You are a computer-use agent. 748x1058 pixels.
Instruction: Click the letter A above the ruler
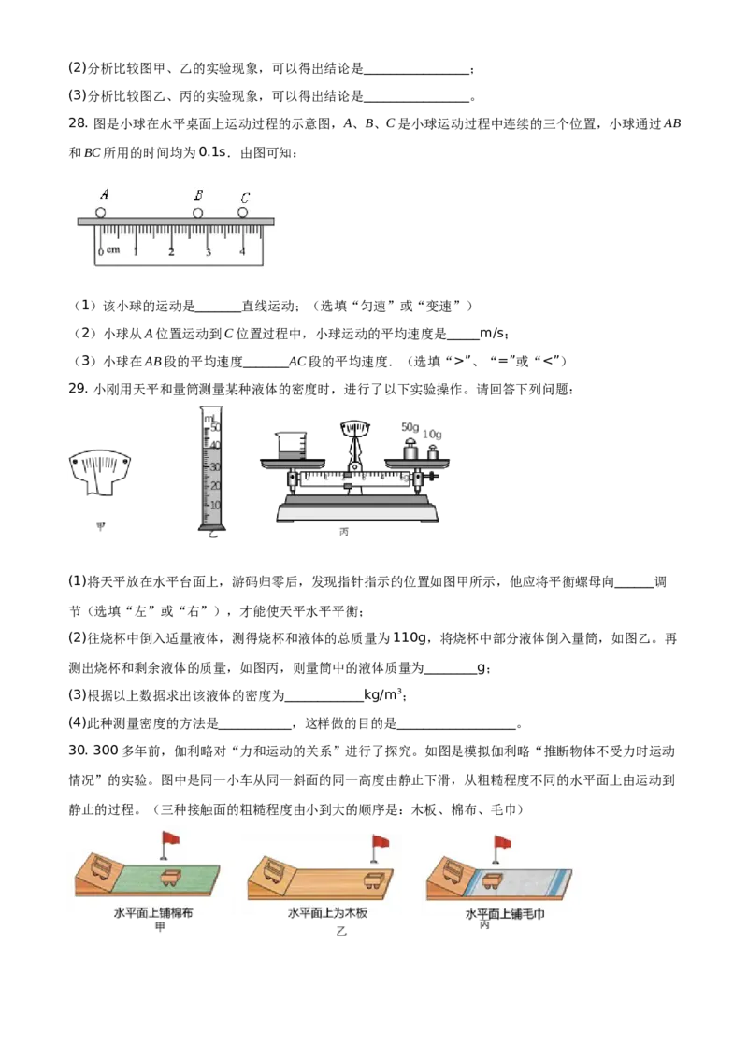pyautogui.click(x=104, y=195)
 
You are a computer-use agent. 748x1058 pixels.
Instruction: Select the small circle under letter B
pyautogui.click(x=197, y=213)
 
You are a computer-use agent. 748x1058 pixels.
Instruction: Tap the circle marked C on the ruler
pyautogui.click(x=243, y=213)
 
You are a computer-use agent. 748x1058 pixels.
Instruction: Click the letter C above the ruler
pyautogui.click(x=245, y=197)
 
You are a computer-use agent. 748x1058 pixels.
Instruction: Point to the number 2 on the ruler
pyautogui.click(x=172, y=252)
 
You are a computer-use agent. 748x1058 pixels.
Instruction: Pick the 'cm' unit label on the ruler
pyautogui.click(x=113, y=250)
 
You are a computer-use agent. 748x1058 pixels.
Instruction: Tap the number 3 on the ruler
pyautogui.click(x=208, y=252)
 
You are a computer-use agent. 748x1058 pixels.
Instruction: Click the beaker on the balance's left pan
pyautogui.click(x=292, y=442)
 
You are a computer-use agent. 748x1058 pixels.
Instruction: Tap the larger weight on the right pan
pyautogui.click(x=410, y=448)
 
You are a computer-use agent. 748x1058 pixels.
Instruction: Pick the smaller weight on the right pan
pyautogui.click(x=433, y=452)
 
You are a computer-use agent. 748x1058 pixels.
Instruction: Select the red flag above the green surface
pyautogui.click(x=170, y=838)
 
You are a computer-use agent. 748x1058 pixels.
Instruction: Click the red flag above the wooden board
pyautogui.click(x=381, y=842)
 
